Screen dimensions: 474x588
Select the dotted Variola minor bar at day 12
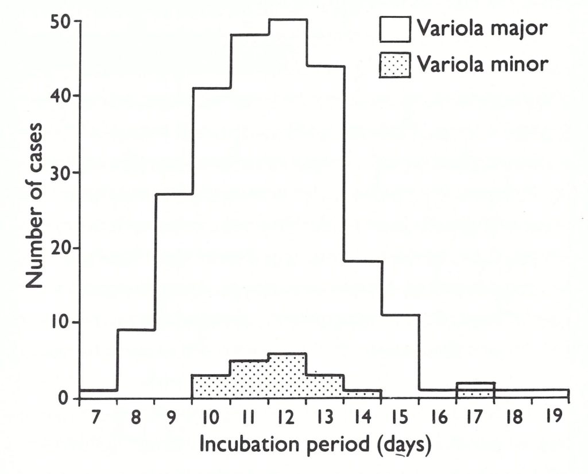point(287,376)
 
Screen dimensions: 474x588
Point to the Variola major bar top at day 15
point(400,315)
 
